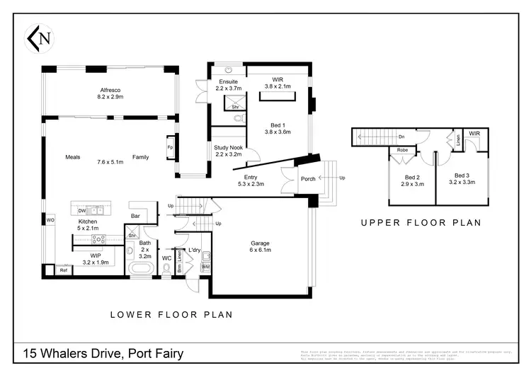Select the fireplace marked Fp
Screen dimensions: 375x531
pos(170,147)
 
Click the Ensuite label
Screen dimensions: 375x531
pos(228,81)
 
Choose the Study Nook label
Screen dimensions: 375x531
pos(228,146)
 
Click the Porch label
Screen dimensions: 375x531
pos(309,179)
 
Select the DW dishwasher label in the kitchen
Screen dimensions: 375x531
pos(82,211)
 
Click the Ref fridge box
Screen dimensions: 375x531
pos(63,270)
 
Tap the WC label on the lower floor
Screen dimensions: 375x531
pos(167,258)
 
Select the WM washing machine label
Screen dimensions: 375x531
pos(205,267)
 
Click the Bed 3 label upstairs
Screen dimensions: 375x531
pos(462,175)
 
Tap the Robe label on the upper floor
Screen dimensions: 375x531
pos(401,150)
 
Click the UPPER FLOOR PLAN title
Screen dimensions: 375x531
pos(421,222)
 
